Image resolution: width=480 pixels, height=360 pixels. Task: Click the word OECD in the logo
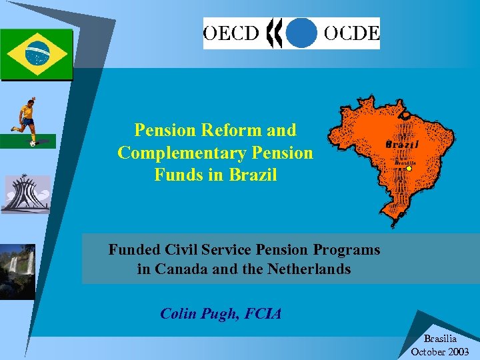[230, 33]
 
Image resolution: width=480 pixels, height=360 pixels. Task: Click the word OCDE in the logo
[351, 33]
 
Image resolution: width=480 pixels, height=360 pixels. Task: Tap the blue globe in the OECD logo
[303, 33]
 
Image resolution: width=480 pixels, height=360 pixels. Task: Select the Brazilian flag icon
[37, 53]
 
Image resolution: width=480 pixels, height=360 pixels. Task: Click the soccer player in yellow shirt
[27, 120]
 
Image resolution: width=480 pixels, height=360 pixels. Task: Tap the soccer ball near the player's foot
[33, 143]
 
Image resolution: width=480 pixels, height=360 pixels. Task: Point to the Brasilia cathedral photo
[25, 194]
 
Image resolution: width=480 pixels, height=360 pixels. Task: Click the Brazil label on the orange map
[403, 144]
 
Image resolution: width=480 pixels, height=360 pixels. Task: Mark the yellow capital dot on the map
[409, 169]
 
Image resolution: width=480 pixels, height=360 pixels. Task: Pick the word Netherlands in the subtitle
[309, 269]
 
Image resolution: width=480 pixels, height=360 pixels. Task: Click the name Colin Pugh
[197, 313]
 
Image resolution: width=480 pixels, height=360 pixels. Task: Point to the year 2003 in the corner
[457, 351]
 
